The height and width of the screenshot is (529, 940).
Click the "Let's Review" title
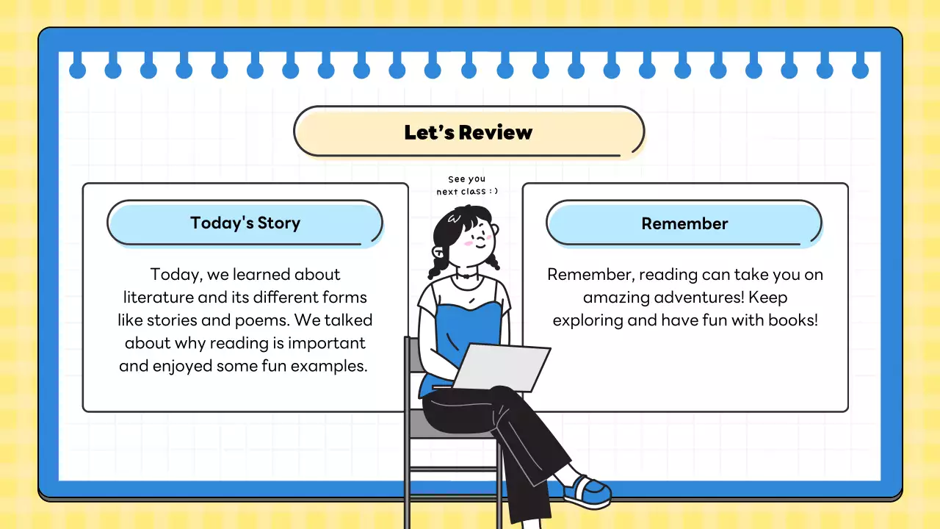(x=468, y=132)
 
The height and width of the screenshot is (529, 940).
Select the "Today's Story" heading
(x=245, y=223)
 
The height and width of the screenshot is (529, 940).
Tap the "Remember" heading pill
(x=684, y=223)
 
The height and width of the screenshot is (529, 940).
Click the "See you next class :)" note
(x=467, y=185)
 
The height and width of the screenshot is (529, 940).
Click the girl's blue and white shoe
(x=587, y=491)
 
